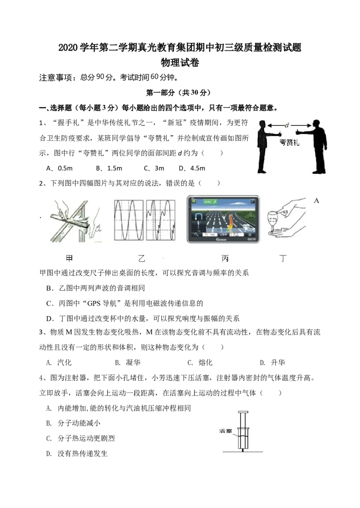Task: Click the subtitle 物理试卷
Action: coord(180,63)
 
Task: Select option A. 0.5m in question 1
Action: coord(59,168)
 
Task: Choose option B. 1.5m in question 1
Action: coord(109,168)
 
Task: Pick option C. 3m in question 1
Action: coord(154,168)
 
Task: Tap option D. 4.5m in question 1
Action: coord(192,168)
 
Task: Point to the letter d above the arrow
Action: coord(287,125)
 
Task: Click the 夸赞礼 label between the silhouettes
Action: coord(289,142)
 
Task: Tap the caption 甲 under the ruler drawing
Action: coord(69,258)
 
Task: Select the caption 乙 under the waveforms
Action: coord(142,258)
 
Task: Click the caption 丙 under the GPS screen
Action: coord(225,258)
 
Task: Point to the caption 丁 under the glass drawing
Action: coord(283,258)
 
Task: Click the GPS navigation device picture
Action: coord(223,219)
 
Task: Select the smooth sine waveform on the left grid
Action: coord(129,220)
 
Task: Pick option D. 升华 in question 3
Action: coord(273,363)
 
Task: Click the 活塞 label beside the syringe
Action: coord(225,431)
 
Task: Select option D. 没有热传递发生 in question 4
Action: coord(77,454)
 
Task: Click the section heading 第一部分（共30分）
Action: coord(178,93)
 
